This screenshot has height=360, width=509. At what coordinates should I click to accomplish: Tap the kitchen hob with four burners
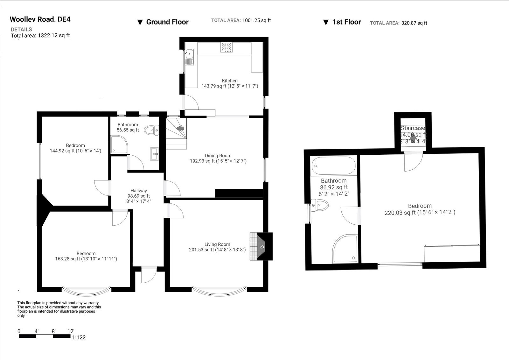[x=227, y=47]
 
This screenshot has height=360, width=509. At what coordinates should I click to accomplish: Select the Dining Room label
[x=218, y=156]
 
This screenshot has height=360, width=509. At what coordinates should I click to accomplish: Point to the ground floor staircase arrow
[x=180, y=128]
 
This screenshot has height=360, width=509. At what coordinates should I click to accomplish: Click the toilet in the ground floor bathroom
[x=151, y=130]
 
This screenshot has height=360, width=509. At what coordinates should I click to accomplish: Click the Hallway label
[x=139, y=191]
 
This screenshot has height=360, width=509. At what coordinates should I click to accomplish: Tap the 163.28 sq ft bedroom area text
[x=86, y=259]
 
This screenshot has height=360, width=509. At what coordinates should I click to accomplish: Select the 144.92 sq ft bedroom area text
[x=75, y=151]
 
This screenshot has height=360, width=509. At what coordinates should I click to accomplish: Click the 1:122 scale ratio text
[x=79, y=337]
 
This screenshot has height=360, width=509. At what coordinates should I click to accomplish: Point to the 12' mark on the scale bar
[x=71, y=331]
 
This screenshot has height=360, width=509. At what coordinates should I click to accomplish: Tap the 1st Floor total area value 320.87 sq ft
[x=414, y=23]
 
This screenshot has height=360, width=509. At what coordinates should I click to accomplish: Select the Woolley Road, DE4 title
[x=40, y=19]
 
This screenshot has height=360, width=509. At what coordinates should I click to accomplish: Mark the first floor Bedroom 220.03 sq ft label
[x=420, y=209]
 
